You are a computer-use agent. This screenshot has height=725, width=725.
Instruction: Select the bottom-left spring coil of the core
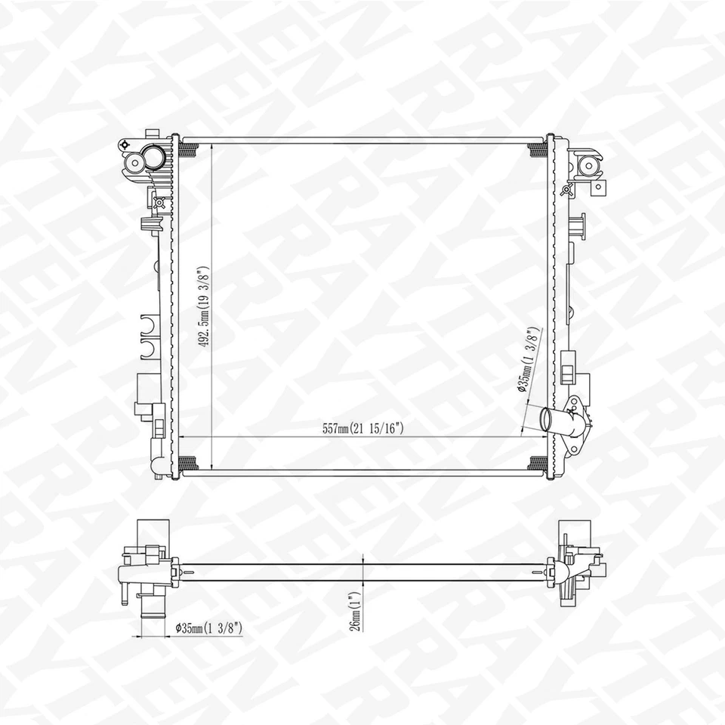click(189, 462)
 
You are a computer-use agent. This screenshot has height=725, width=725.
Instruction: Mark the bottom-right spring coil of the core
click(538, 462)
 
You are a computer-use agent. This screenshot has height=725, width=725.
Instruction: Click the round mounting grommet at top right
click(587, 163)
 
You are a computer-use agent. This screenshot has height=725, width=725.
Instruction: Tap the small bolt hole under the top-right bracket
click(597, 186)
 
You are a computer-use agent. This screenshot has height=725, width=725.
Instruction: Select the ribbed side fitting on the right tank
click(578, 226)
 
